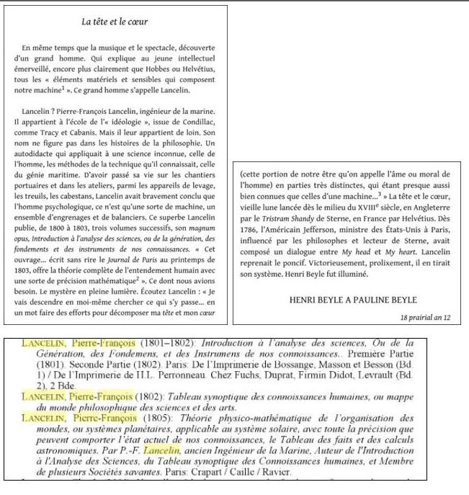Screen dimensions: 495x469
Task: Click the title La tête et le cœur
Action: [x=115, y=22]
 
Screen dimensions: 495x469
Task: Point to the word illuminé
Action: [x=351, y=275]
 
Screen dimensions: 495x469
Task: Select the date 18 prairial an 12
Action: [x=425, y=317]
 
